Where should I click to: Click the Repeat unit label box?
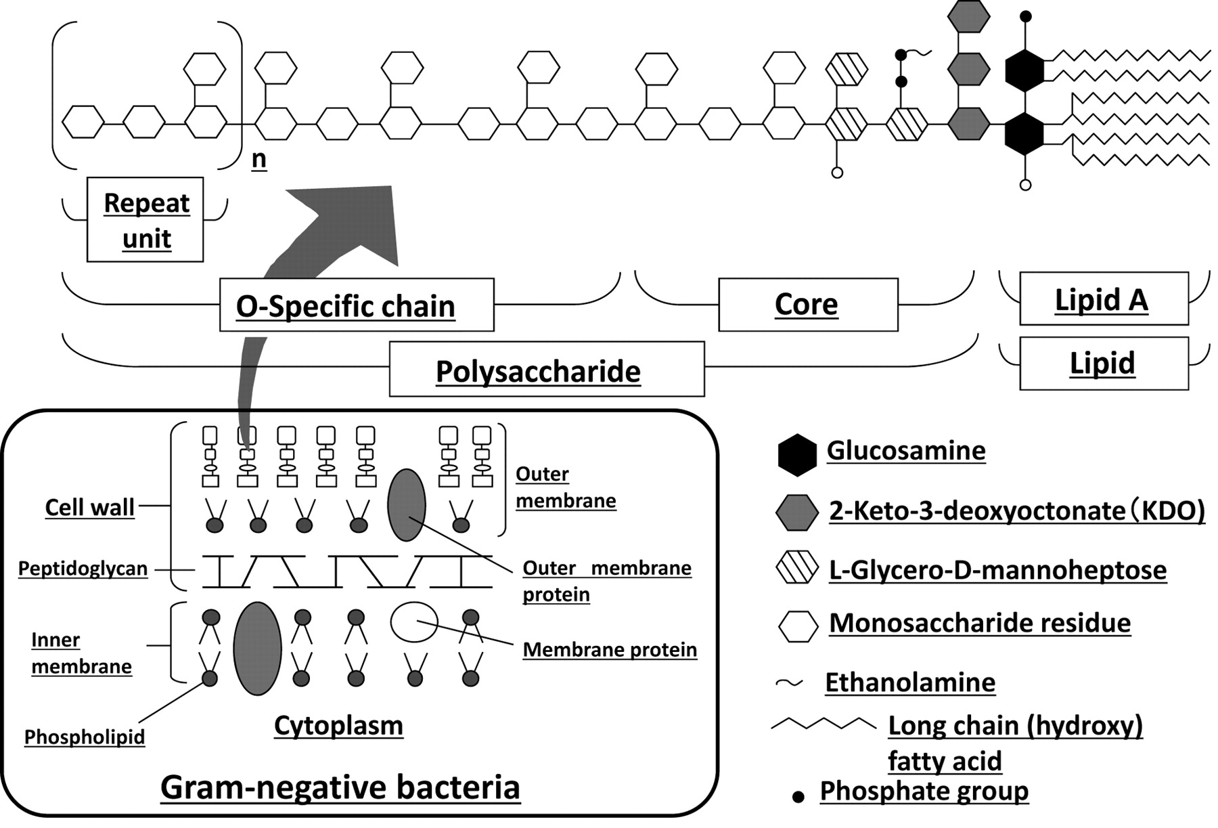[145, 220]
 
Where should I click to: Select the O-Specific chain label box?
[357, 305]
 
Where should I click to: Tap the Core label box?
[808, 305]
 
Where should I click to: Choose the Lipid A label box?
[1104, 299]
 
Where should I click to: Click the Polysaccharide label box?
[547, 370]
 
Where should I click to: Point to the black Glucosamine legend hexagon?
[797, 454]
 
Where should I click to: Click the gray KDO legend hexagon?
[797, 513]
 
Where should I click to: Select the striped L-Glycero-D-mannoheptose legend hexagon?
[797, 569]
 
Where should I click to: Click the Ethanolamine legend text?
[909, 682]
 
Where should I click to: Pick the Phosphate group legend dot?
[798, 798]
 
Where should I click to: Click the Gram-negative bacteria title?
[340, 787]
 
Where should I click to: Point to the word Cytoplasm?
[338, 725]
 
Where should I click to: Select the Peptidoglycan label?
[83, 569]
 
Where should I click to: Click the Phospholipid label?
[85, 737]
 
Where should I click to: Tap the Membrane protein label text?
[610, 650]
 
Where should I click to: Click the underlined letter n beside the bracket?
[258, 159]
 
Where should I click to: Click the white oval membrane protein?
[414, 622]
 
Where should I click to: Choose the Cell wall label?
[89, 507]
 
